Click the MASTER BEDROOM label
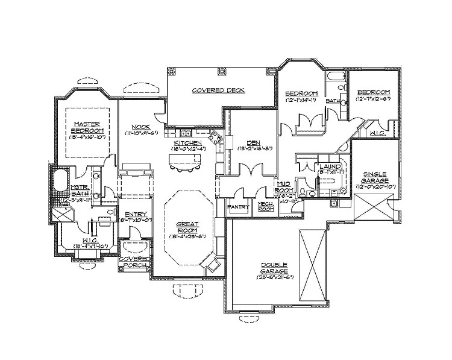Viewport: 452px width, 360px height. point(86,126)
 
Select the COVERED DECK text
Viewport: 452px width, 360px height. point(218,90)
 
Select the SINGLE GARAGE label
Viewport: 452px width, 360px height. point(374,178)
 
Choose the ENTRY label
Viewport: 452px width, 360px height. point(133,215)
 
